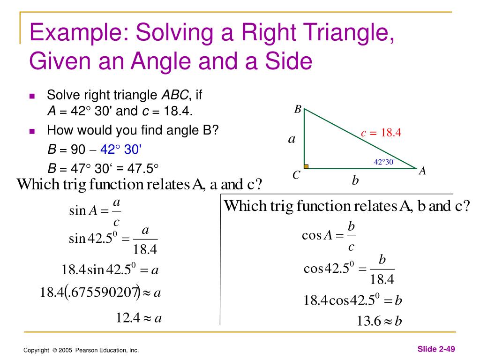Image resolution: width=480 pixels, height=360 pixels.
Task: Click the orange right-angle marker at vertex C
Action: pyautogui.click(x=306, y=166)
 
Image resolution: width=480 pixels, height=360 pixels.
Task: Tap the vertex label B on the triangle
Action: pyautogui.click(x=298, y=109)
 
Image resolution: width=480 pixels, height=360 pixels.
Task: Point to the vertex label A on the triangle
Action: pyautogui.click(x=422, y=171)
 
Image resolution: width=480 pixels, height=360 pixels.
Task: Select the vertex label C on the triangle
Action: pyautogui.click(x=296, y=175)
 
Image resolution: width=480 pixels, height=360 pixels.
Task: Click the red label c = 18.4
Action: pyautogui.click(x=381, y=133)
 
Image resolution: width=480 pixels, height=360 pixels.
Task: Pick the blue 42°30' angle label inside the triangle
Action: pyautogui.click(x=384, y=162)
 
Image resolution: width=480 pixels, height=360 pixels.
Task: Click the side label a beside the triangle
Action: pyautogui.click(x=292, y=139)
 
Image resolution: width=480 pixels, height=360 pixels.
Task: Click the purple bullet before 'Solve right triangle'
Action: pyautogui.click(x=32, y=96)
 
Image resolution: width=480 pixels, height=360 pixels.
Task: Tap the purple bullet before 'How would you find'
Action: pyautogui.click(x=32, y=131)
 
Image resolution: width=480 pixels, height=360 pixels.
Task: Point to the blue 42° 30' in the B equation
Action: pyautogui.click(x=121, y=150)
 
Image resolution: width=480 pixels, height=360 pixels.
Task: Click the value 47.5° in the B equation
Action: pyautogui.click(x=143, y=168)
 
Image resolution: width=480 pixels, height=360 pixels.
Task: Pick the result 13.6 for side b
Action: pyautogui.click(x=369, y=321)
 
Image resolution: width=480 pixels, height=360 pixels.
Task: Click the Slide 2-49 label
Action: pyautogui.click(x=436, y=349)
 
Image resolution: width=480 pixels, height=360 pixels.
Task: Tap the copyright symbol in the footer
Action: pyautogui.click(x=55, y=350)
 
